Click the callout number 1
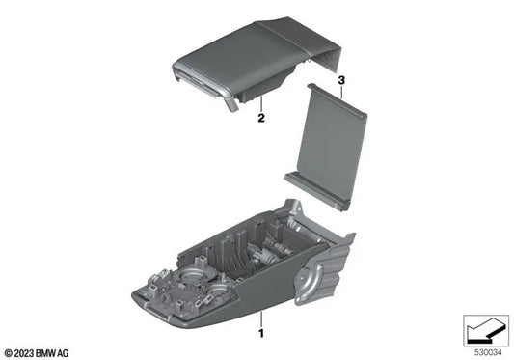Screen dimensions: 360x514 click(x=259, y=334)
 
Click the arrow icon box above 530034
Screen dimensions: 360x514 click(x=484, y=330)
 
